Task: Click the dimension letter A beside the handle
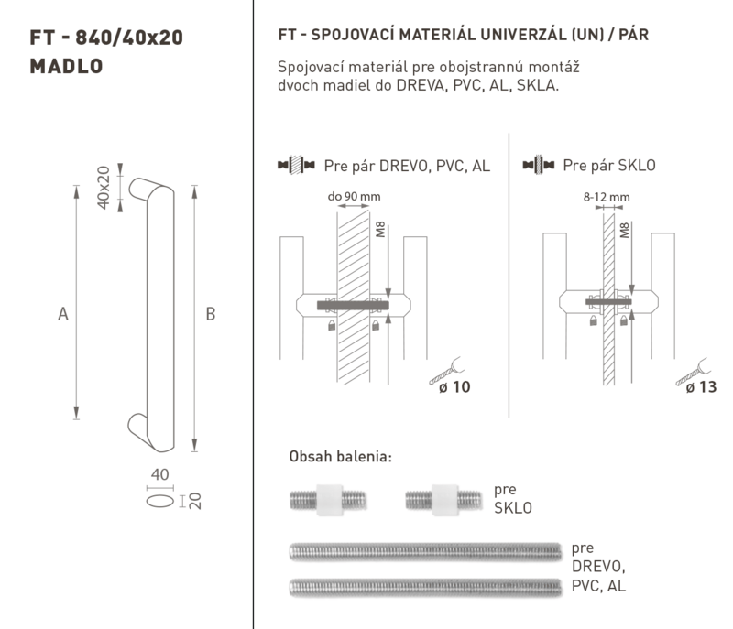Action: pos(63,314)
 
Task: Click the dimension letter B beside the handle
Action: pos(211,314)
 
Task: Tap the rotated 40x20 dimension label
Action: pos(104,188)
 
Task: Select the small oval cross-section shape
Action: pos(159,501)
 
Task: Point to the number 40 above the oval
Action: pos(159,474)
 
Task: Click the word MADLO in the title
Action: pos(66,66)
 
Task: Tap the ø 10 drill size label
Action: pos(454,386)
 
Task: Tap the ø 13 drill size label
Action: pos(701,386)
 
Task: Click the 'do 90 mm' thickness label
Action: pos(354,196)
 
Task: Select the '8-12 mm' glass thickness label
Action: pos(607,197)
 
